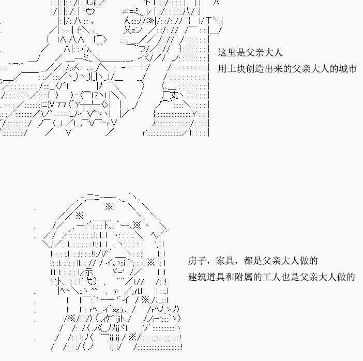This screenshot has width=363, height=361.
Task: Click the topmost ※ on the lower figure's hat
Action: click(109, 206)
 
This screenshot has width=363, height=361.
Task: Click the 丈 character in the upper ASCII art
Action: click(173, 95)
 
